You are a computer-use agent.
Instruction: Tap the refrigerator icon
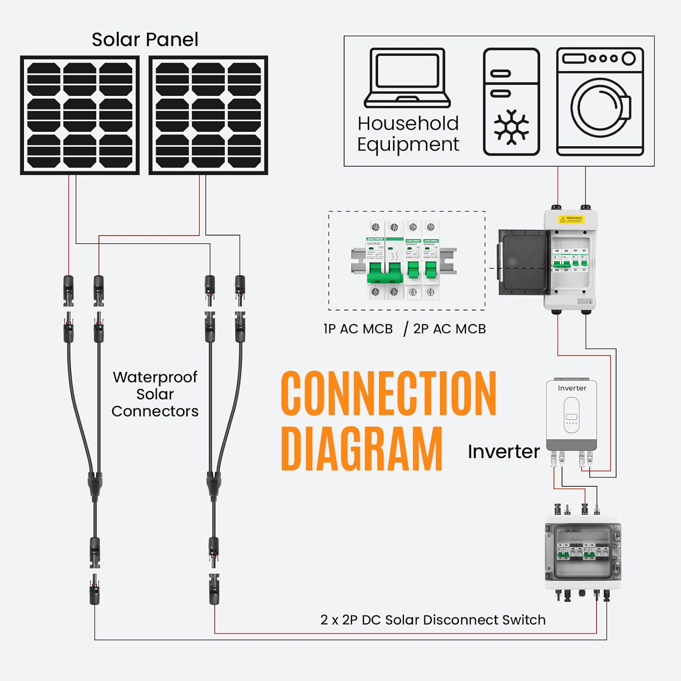point(511,102)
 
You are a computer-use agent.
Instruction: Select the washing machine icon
point(600,102)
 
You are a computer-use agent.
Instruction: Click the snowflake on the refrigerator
point(511,127)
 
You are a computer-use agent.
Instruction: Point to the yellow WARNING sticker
point(571,219)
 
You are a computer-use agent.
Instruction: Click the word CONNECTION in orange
point(389,393)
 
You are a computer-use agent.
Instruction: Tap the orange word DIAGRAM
point(362,449)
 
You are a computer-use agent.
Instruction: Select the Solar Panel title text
point(145,39)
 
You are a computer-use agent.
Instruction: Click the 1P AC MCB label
point(358,329)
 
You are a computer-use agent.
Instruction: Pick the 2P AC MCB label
point(449,329)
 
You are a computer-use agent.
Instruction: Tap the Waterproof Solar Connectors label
point(155,394)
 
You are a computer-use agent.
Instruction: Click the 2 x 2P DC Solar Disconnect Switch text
point(433,620)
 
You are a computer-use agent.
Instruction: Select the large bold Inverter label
point(503,452)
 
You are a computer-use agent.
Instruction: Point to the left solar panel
point(80,115)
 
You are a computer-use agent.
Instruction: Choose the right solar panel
point(208,115)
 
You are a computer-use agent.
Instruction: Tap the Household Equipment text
point(408,133)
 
